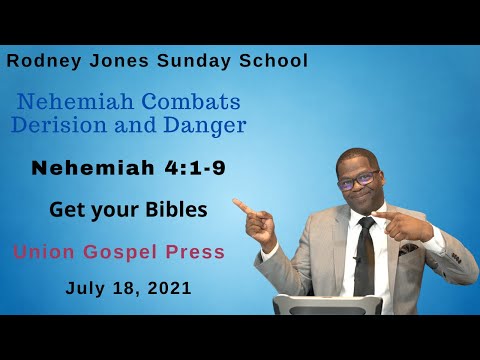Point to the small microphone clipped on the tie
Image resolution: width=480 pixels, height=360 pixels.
click(357, 259)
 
